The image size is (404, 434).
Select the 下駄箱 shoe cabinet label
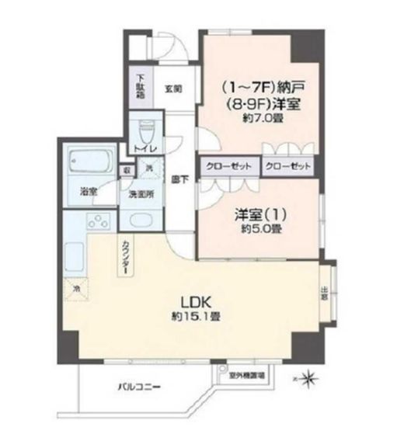141,82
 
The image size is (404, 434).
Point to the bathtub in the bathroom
92,161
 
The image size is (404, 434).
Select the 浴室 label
89,190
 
